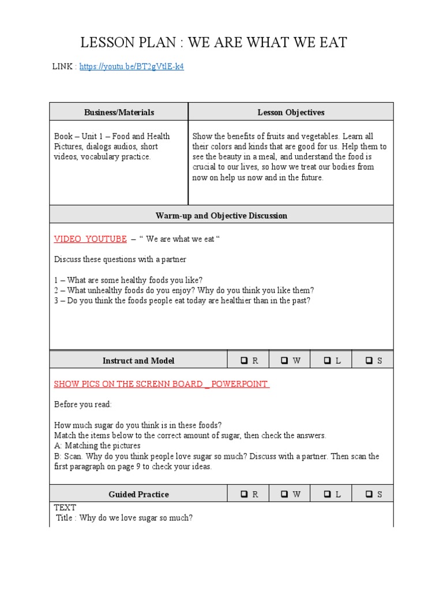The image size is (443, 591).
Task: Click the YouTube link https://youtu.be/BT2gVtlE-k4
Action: point(132,67)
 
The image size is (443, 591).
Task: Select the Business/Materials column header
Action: point(119,113)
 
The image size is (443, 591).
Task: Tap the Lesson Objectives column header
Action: point(291,113)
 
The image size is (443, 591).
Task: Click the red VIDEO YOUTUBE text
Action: point(90,239)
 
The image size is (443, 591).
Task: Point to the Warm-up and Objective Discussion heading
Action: point(221,216)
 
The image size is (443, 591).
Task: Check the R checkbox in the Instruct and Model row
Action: point(245,361)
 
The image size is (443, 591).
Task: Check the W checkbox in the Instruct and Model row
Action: point(285,361)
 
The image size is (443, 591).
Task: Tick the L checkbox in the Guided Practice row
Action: point(327,495)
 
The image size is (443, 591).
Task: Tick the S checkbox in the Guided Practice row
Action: point(369,495)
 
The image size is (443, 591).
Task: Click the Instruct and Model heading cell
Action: point(138,361)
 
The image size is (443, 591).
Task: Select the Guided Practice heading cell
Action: point(138,495)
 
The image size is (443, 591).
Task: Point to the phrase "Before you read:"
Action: point(83,405)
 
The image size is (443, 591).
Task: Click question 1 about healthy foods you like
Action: point(128,280)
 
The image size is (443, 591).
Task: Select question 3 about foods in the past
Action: point(182,301)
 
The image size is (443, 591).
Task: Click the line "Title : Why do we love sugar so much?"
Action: point(124,518)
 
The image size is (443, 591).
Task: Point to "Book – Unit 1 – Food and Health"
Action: point(112,136)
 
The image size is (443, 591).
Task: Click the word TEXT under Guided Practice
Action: point(65,508)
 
